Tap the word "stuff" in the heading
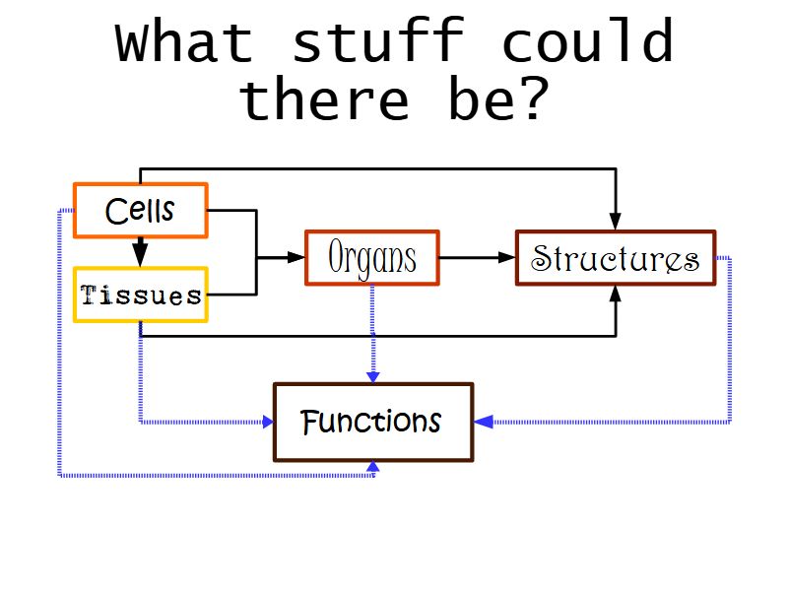pos(377,43)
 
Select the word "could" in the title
pos(587,43)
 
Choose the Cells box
pos(140,211)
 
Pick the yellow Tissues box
pos(140,295)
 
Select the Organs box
pos(371,258)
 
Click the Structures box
pos(615,258)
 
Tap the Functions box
pos(372,423)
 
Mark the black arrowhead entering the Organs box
pos(296,258)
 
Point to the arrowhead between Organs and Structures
pos(507,258)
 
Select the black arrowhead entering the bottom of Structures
pos(616,295)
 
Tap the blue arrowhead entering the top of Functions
pos(372,375)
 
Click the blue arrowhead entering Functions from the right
pos(483,422)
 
